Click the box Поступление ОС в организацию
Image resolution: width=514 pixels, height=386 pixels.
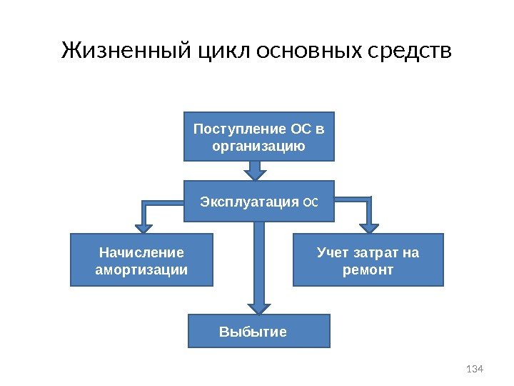coord(259,137)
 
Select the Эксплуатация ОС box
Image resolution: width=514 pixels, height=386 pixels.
coord(259,202)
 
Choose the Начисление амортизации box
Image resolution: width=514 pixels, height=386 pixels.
coord(141,259)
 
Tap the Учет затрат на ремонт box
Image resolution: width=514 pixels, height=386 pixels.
coord(368,259)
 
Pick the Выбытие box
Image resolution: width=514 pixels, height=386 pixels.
coord(259,331)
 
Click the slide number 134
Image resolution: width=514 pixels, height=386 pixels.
coord(474,369)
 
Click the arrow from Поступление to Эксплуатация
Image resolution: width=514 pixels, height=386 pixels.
coord(256,171)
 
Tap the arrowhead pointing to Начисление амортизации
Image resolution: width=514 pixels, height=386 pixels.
coord(144,227)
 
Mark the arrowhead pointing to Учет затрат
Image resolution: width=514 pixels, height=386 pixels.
coord(368,227)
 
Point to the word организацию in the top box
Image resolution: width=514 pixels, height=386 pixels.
coord(259,147)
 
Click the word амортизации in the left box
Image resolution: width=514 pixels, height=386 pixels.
coord(141,270)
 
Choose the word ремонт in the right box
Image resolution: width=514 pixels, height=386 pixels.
coord(368,270)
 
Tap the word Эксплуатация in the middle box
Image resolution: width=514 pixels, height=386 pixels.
coord(249,202)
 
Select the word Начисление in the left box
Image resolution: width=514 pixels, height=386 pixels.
coord(141,252)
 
